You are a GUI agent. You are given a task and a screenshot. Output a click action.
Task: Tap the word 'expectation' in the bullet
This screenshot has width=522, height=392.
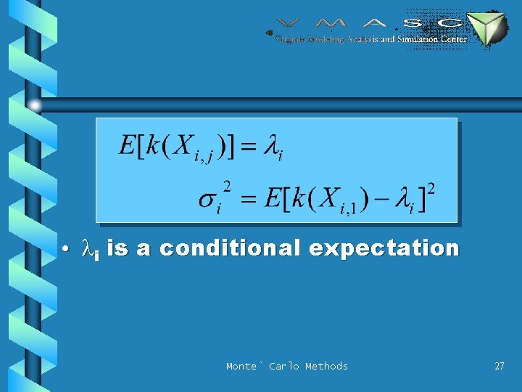[384, 248]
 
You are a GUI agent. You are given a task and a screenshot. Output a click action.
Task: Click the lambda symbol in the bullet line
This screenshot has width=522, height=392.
[88, 250]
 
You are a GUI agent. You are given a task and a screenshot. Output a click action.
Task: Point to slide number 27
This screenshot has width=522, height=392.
[499, 366]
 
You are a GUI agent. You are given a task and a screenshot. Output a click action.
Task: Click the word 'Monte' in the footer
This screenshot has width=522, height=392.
[241, 366]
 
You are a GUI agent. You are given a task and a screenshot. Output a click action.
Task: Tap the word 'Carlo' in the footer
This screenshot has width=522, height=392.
[283, 366]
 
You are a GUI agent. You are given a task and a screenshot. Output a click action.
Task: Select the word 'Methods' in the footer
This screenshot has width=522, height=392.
[326, 366]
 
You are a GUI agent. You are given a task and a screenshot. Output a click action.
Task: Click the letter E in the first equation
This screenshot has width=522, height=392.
[128, 146]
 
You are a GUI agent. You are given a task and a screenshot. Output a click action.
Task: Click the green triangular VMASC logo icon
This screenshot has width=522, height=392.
[486, 28]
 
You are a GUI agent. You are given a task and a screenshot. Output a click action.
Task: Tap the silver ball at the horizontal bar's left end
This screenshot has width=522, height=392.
[35, 105]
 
